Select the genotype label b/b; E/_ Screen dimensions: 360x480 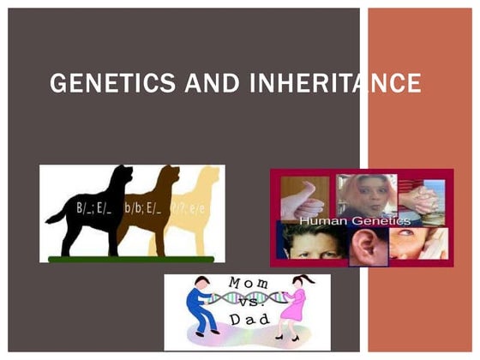click(x=145, y=207)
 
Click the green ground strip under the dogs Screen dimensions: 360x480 click(x=129, y=258)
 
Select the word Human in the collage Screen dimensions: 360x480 click(x=323, y=220)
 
